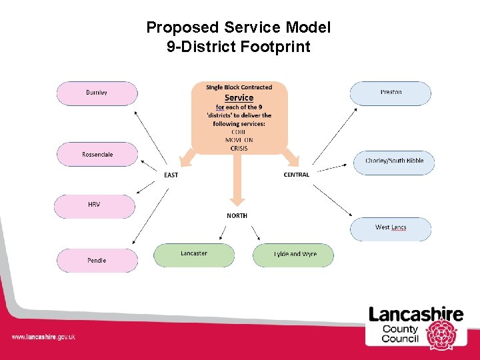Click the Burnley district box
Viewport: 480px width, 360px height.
coord(97,93)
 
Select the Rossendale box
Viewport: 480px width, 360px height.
coord(97,155)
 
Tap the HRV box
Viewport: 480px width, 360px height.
coord(94,205)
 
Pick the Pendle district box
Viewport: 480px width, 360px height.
coord(97,261)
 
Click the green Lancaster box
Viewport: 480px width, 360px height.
coord(194,255)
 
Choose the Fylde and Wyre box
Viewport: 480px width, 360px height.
coord(293,255)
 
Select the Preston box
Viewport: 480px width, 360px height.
coord(391,93)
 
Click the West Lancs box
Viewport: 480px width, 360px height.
coord(391,228)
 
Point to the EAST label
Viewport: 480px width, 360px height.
coord(171,175)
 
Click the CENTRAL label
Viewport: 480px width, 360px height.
coord(297,175)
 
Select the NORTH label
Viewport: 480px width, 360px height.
coord(237,216)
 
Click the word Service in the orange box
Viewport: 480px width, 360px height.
coord(239,98)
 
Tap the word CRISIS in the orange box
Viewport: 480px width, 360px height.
coord(239,149)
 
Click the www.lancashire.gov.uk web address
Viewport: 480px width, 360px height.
coord(43,337)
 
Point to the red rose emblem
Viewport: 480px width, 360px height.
coord(441,333)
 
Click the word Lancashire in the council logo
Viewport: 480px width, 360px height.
coord(416,315)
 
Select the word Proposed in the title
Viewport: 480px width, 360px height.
coord(182,28)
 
